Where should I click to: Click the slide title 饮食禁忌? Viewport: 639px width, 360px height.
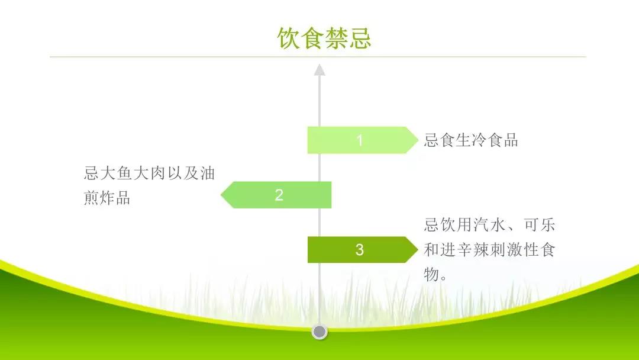pos(324,38)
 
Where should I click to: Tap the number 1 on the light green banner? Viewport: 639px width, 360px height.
pos(360,140)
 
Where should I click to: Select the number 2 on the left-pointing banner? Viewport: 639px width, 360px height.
pos(279,195)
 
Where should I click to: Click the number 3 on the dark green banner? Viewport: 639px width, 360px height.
pos(359,249)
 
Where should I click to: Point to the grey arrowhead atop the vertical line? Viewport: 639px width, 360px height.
pos(319,70)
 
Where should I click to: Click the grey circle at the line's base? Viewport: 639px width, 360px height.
pos(319,332)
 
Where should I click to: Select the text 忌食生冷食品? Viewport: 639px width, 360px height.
pos(471,140)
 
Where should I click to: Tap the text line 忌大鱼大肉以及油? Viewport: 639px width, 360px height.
pos(149,173)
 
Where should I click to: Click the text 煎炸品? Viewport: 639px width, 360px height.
pos(106,197)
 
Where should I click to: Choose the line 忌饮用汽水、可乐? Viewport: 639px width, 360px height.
pos(489,224)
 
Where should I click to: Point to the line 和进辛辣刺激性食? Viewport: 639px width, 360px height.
pos(489,249)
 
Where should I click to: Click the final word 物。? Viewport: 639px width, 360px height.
pos(435,274)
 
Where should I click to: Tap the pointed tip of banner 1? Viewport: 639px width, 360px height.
pos(418,140)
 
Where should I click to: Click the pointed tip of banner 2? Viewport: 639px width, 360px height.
pos(221,195)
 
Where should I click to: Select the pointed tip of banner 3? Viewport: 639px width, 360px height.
pos(418,249)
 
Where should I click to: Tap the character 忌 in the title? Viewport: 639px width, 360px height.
pos(360,38)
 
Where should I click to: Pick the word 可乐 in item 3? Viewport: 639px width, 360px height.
pos(540,224)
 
